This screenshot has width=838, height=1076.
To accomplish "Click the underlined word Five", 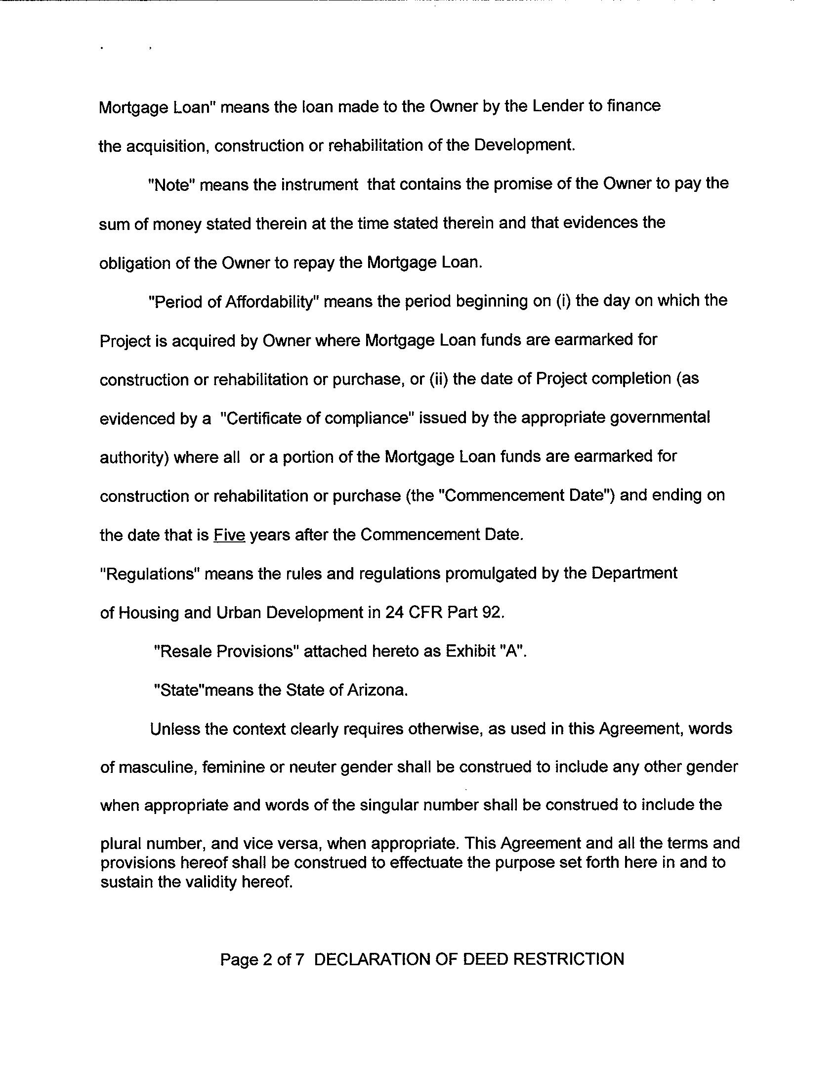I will (229, 535).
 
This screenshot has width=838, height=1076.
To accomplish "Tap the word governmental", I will (660, 418).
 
